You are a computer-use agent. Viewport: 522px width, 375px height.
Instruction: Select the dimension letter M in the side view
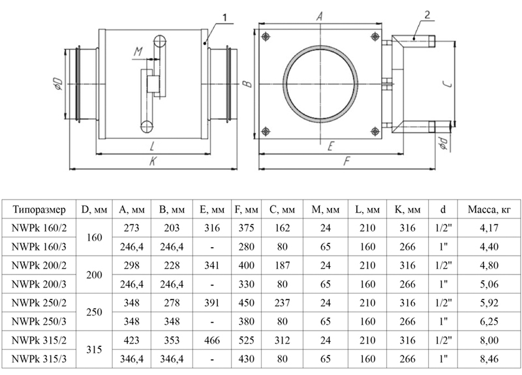point(138,51)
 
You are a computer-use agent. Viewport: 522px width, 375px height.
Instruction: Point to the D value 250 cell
point(95,312)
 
